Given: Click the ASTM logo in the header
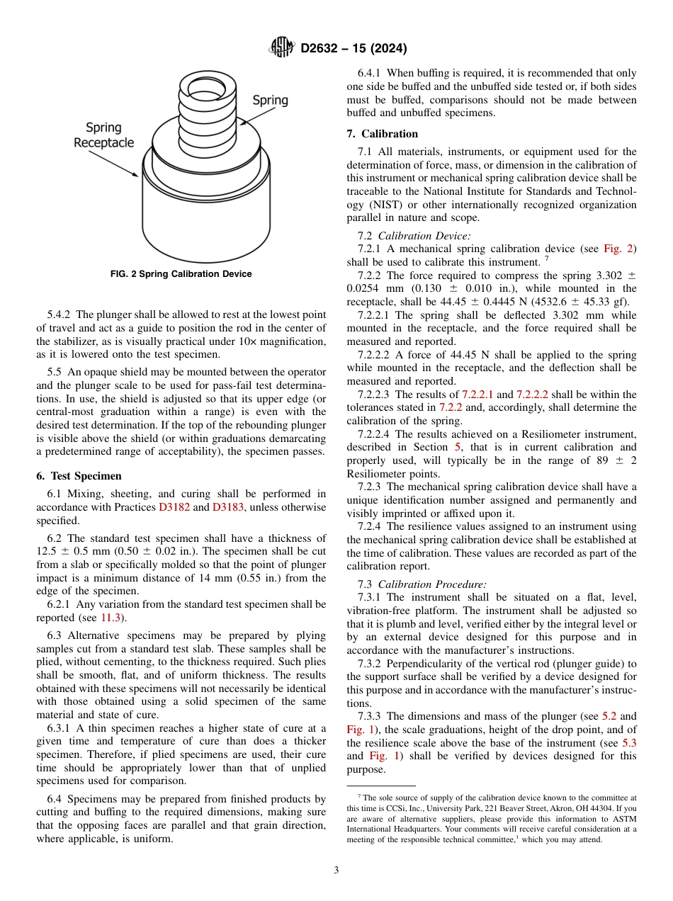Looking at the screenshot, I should [282, 48].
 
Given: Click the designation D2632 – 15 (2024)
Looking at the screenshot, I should [354, 49].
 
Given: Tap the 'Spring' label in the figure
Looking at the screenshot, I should [271, 100].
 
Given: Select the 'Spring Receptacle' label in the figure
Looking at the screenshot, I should [103, 135].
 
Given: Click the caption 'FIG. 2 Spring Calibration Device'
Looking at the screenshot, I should [181, 274].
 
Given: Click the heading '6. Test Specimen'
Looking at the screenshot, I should [79, 476].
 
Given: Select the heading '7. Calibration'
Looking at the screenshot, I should [382, 134].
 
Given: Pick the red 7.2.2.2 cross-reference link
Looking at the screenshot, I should [532, 394].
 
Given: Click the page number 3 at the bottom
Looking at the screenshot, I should [336, 871].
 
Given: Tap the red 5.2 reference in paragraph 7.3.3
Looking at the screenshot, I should [609, 716].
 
